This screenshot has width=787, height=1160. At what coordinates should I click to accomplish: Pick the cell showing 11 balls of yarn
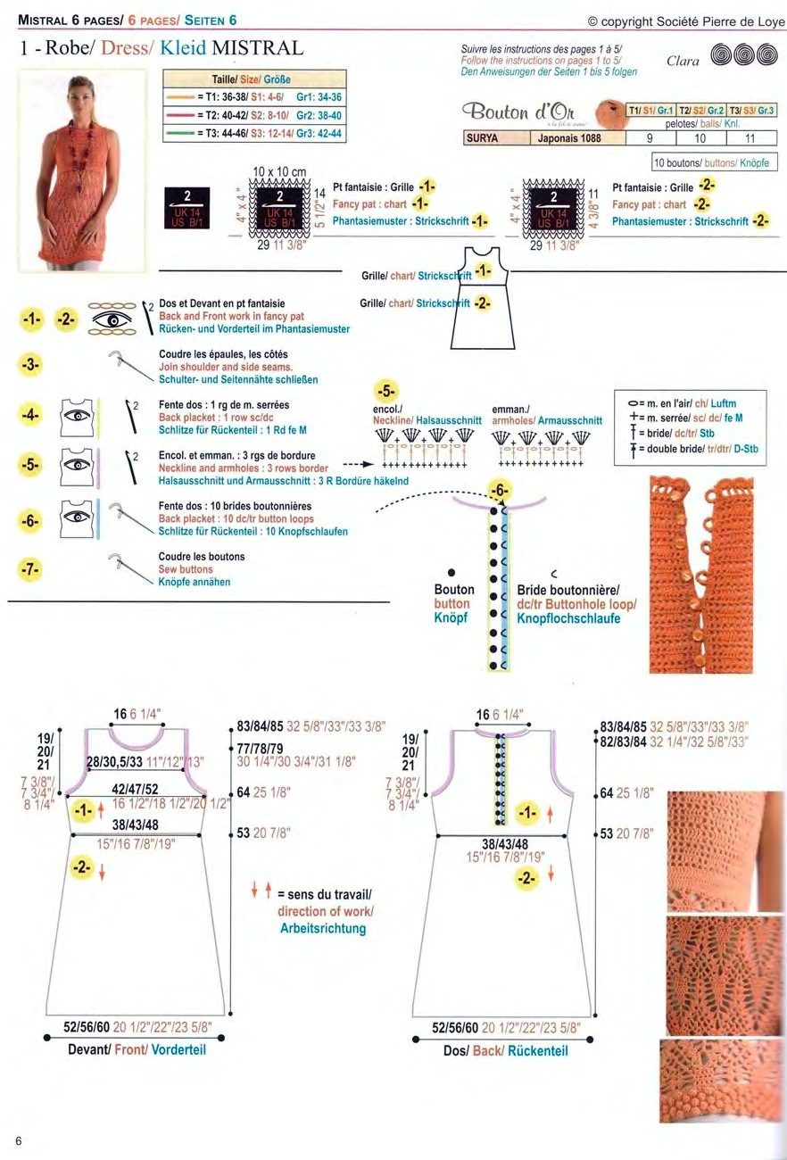click(750, 138)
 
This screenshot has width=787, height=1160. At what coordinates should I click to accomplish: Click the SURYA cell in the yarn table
click(482, 138)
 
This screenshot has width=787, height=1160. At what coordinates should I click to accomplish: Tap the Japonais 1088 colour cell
click(568, 138)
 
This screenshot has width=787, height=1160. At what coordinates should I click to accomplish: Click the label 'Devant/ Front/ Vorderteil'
click(137, 1050)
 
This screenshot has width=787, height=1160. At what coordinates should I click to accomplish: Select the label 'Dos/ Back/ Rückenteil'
click(505, 1051)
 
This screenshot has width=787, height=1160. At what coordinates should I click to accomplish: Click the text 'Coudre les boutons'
click(201, 557)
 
